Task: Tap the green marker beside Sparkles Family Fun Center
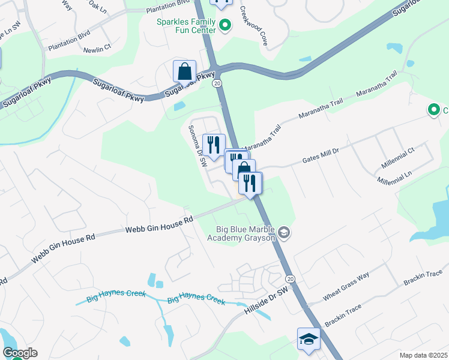(225, 25)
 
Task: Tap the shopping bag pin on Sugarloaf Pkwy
(184, 71)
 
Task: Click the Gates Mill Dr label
(321, 155)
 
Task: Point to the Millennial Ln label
(395, 176)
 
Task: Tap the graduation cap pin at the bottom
(309, 339)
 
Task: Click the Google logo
(20, 352)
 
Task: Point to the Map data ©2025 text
(423, 355)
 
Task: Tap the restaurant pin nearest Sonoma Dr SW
(212, 145)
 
